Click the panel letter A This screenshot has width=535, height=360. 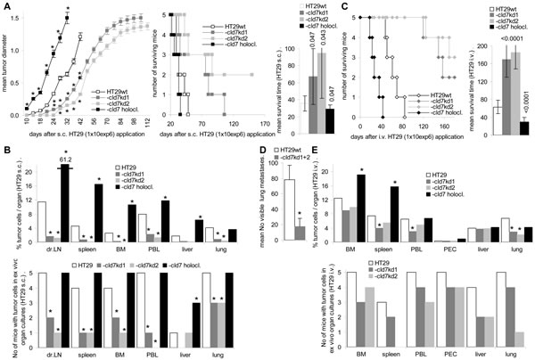[x=7, y=7]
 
